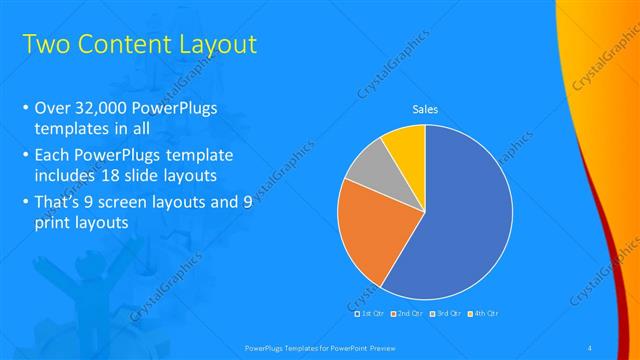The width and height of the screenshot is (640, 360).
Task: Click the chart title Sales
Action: (x=426, y=110)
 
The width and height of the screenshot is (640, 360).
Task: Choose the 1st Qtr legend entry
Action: (x=370, y=314)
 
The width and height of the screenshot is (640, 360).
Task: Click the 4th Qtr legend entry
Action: (x=485, y=314)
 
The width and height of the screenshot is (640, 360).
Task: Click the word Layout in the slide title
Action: (x=215, y=44)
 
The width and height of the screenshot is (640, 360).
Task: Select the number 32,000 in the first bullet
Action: (x=107, y=108)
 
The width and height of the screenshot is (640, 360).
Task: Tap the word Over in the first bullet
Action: (x=51, y=108)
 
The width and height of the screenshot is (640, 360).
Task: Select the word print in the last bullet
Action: (x=51, y=223)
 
